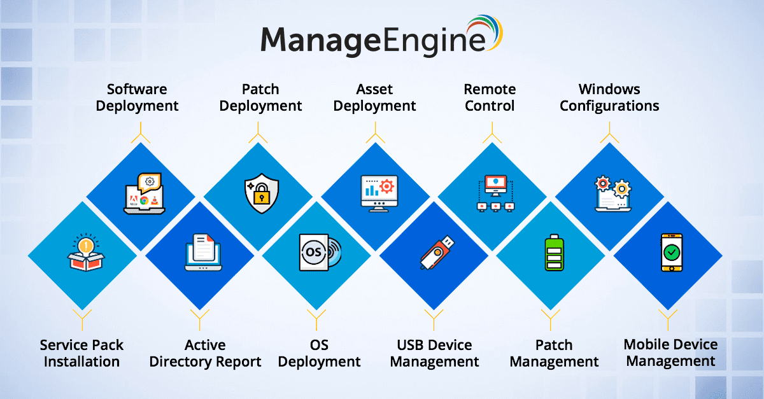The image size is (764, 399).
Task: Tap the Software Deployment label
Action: click(138, 97)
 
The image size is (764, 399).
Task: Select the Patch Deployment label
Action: click(260, 97)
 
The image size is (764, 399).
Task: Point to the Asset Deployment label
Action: click(375, 97)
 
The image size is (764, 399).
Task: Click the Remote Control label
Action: click(490, 97)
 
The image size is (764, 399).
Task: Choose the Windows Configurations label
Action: click(609, 97)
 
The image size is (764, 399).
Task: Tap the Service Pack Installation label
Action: click(81, 353)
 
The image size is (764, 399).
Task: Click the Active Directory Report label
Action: click(205, 353)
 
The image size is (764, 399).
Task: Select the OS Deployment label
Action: click(320, 353)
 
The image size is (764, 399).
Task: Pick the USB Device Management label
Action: click(434, 353)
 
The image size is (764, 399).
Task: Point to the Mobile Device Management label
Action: click(670, 353)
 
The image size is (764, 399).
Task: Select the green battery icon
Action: click(552, 254)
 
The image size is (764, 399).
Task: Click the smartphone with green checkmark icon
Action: click(670, 253)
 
